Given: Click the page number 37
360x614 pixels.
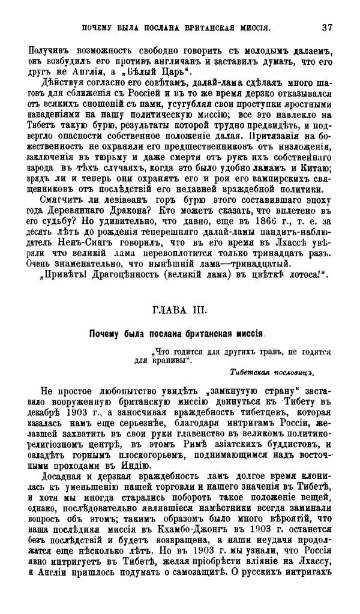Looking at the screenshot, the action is (327, 26).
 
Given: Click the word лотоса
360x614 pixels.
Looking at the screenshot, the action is (304, 275).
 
